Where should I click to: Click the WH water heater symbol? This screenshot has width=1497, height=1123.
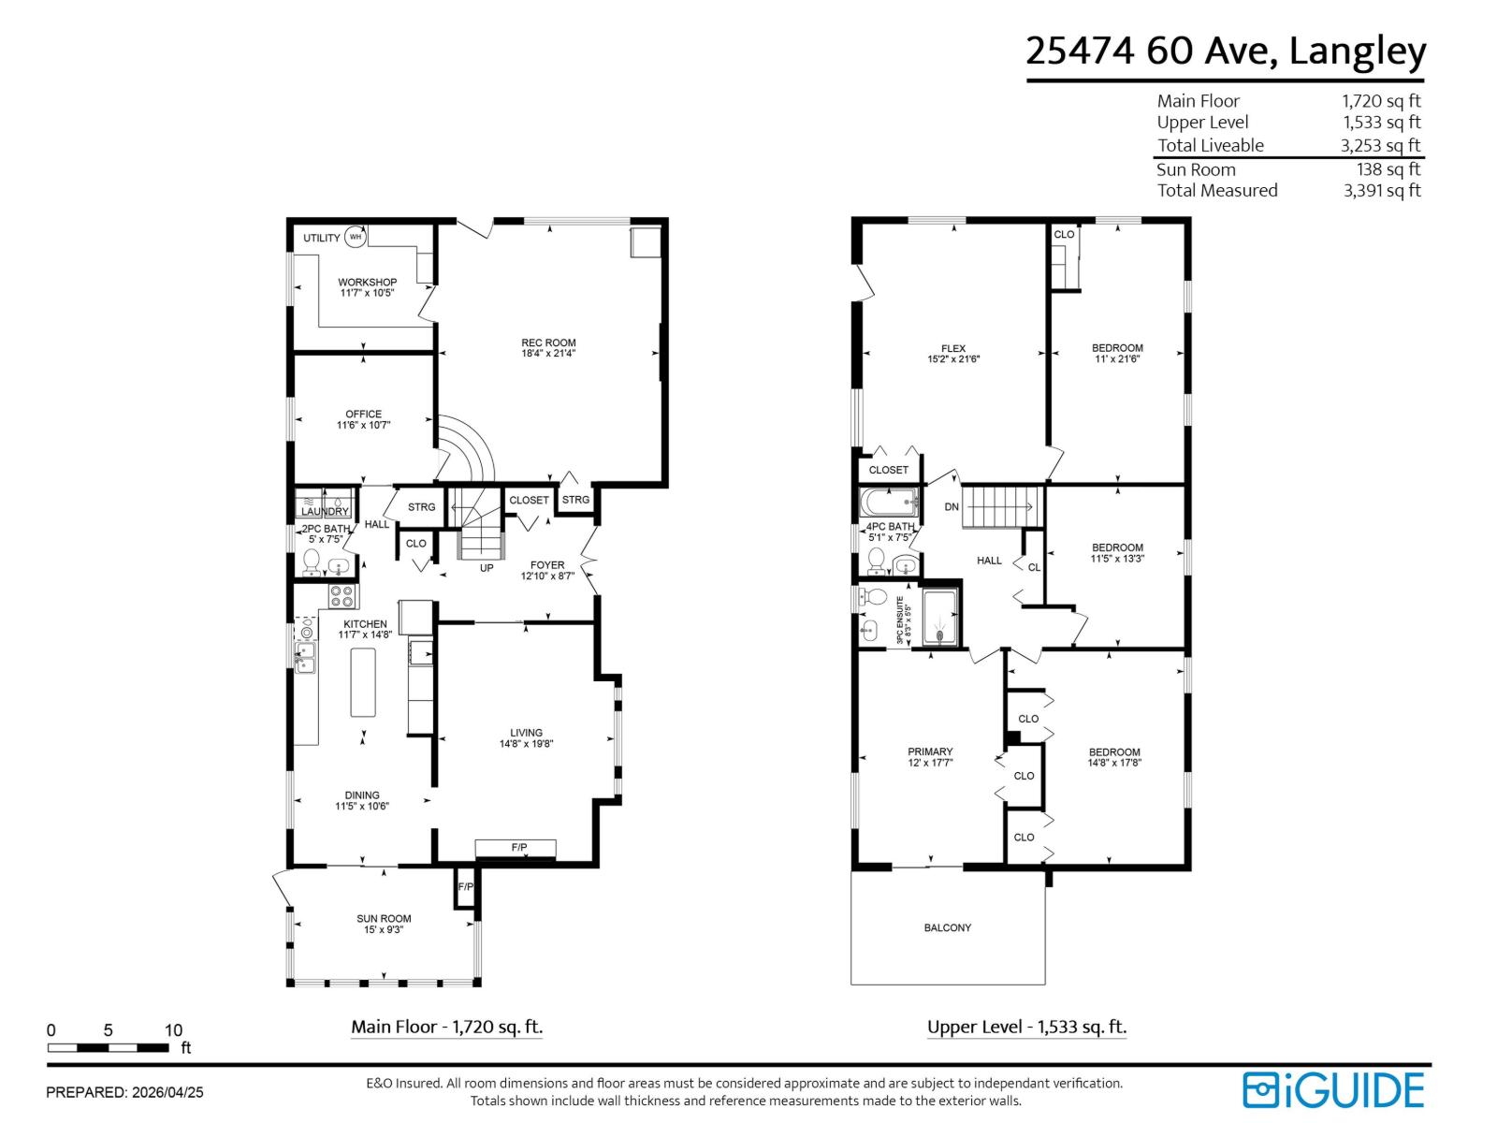tap(355, 238)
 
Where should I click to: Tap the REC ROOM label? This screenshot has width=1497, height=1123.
tap(548, 343)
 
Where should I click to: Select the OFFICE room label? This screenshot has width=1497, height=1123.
tap(363, 414)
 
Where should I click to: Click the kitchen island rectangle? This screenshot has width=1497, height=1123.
tap(363, 682)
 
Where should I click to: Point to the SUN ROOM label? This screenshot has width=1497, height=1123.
tap(384, 919)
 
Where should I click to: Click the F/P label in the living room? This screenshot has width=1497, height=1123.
tap(518, 848)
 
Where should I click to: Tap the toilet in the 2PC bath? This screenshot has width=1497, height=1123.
tap(312, 562)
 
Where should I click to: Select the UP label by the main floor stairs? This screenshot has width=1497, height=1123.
tap(487, 567)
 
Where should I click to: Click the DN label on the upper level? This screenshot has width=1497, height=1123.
tap(952, 507)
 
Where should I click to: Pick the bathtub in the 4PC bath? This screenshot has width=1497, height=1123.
tap(888, 504)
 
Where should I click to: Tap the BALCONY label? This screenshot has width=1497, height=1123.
tap(948, 927)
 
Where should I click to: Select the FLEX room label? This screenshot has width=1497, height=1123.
tap(953, 348)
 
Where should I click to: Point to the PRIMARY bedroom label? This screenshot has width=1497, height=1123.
tap(930, 751)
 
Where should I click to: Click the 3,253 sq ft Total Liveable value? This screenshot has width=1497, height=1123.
tap(1380, 145)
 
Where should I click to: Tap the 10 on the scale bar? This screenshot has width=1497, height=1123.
tap(173, 1030)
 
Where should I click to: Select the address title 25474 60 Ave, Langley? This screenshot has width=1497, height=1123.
tap(1226, 51)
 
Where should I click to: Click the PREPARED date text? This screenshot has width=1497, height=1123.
tap(124, 1092)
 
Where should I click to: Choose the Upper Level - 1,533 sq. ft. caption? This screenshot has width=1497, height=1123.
tap(1026, 1027)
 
